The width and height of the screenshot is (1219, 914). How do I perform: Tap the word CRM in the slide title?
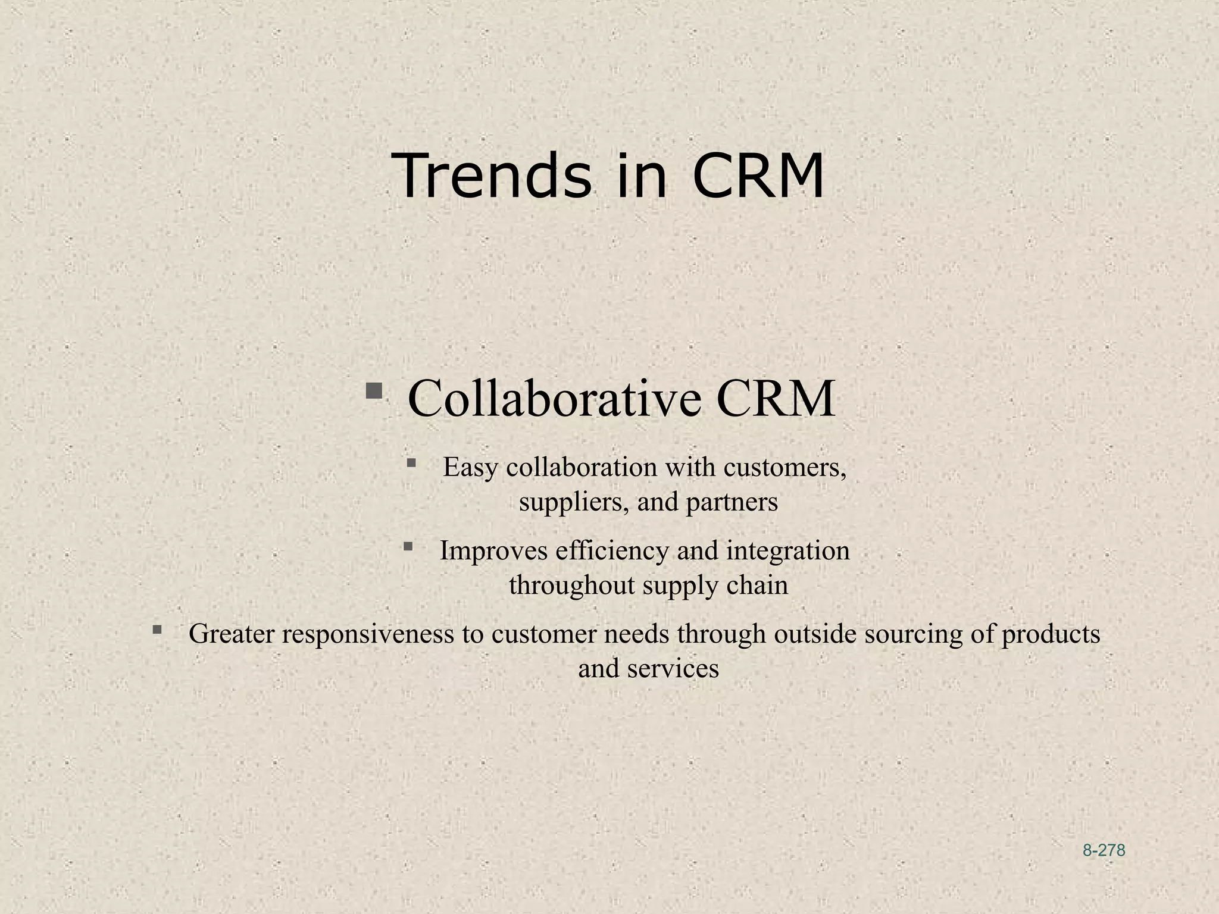tap(758, 176)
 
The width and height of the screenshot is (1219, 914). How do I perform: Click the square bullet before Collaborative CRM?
tap(374, 391)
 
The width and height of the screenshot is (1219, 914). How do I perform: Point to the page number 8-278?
tap(1104, 851)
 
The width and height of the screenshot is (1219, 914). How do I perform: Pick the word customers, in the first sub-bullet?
tap(785, 468)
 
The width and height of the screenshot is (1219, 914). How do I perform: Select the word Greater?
tap(232, 634)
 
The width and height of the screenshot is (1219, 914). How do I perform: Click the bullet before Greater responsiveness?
tap(157, 629)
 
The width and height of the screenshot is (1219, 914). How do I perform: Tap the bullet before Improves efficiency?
tap(408, 546)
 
